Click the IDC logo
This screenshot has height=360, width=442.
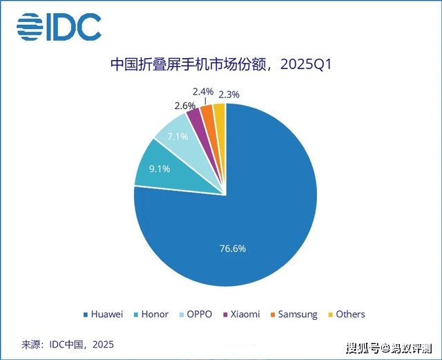point(59,27)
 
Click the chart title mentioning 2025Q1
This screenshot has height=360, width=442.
point(222,65)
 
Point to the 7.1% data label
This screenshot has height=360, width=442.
point(176,137)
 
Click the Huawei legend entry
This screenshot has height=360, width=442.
point(103,314)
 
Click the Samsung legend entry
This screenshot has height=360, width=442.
point(294,314)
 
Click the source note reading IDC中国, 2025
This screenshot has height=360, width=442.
point(68,343)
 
